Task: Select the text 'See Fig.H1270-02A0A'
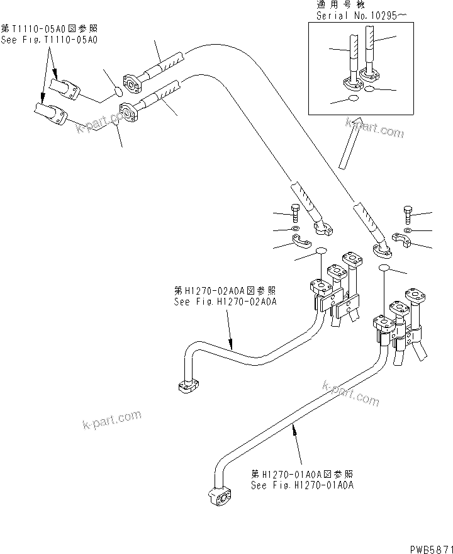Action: click(225, 302)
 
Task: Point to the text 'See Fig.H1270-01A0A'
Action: click(302, 485)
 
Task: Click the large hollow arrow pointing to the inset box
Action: click(348, 143)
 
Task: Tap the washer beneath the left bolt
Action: click(295, 228)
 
